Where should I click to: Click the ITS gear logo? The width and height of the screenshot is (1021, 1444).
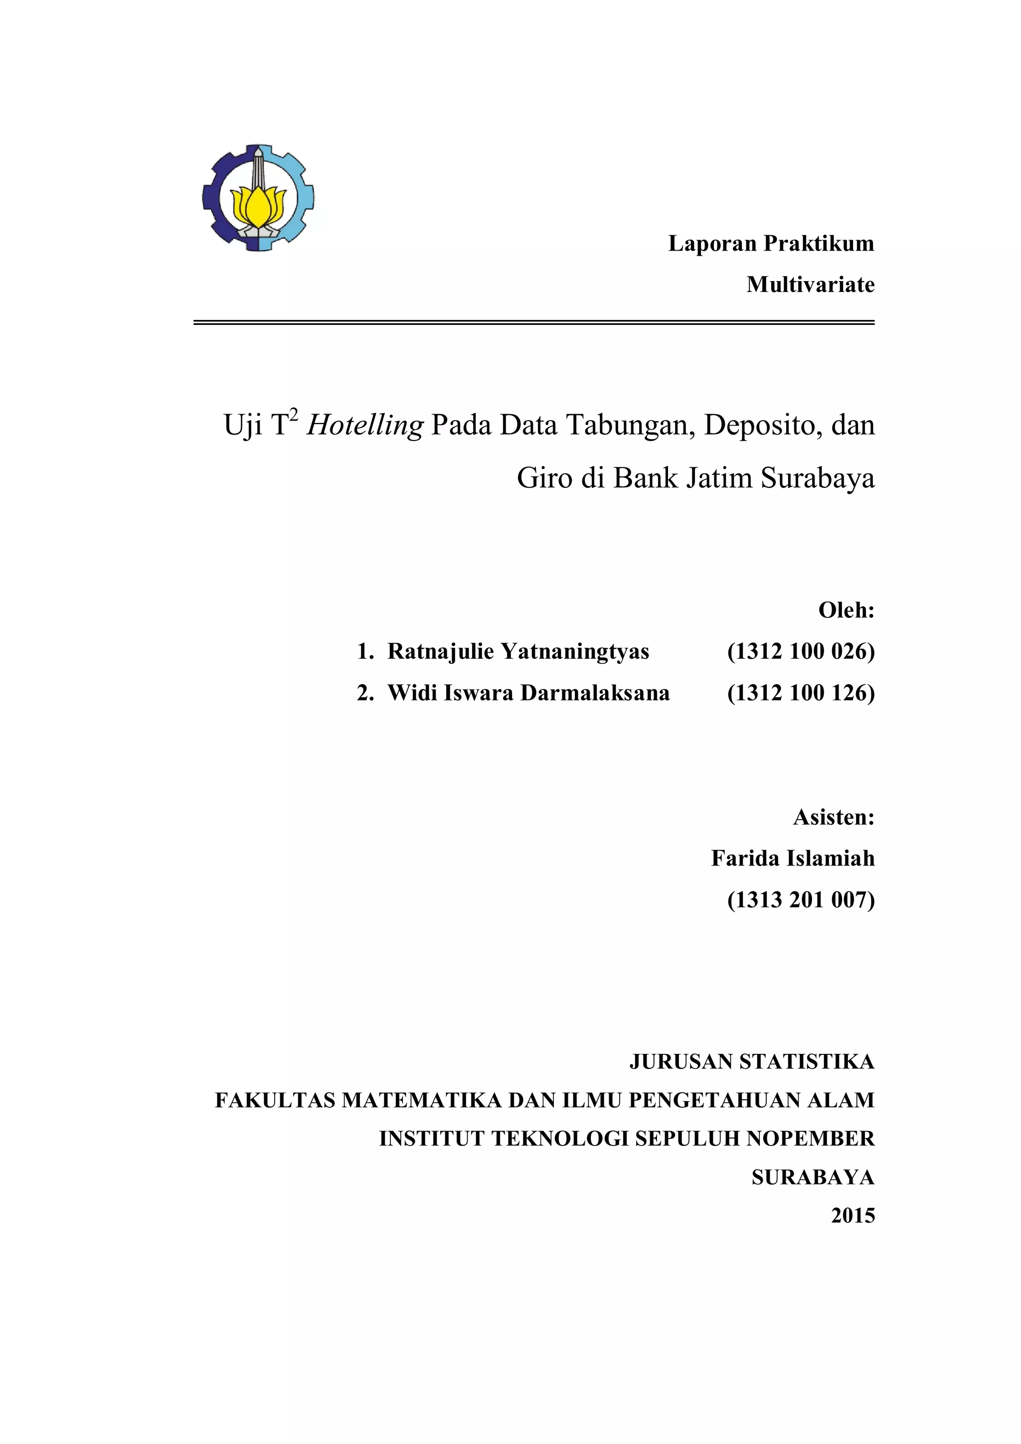[258, 198]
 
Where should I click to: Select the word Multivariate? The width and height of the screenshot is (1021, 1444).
[810, 285]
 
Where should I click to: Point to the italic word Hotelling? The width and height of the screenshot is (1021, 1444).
[365, 426]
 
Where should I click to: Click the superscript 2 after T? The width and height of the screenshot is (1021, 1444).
[294, 415]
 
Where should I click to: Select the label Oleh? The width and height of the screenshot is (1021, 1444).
[846, 610]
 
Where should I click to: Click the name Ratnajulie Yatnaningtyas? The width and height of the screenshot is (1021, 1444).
[518, 652]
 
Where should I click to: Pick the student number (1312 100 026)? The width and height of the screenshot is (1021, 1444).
[801, 652]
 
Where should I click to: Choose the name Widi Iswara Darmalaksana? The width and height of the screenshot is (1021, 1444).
[528, 693]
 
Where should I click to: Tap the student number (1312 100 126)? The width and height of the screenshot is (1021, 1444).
[801, 693]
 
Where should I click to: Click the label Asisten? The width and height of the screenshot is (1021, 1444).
[834, 817]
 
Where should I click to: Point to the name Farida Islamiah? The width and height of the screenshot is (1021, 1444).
[793, 859]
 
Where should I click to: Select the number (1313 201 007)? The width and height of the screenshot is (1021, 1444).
[801, 900]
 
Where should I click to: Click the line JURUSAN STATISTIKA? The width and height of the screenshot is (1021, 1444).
[752, 1062]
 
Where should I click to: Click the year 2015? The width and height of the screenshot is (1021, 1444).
[852, 1216]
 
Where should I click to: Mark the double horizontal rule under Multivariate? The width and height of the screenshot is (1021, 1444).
[533, 323]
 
